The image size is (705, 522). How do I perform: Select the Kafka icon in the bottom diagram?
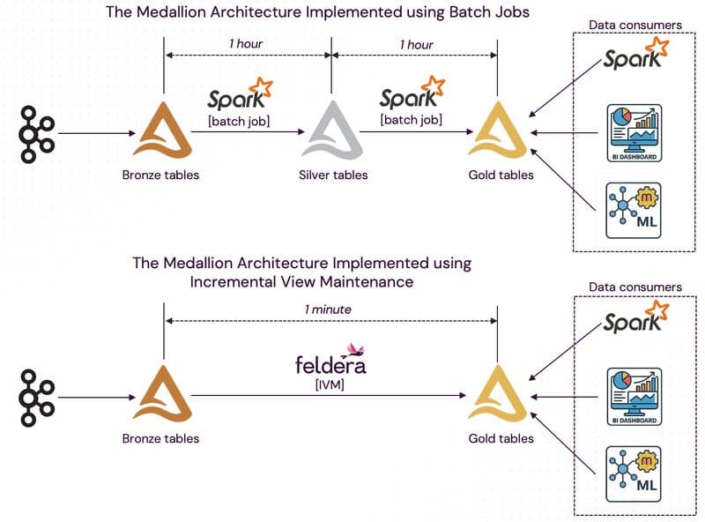(35, 398)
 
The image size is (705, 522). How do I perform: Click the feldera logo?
(330, 362)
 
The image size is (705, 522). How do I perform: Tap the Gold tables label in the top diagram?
(501, 175)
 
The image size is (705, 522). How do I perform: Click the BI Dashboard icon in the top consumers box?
(635, 132)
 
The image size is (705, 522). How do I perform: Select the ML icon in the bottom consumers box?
(635, 474)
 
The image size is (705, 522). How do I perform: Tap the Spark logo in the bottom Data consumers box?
(634, 318)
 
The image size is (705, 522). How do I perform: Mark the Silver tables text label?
(332, 175)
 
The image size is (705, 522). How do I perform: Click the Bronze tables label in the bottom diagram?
(160, 438)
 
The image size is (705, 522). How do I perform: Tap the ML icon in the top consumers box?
(635, 209)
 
